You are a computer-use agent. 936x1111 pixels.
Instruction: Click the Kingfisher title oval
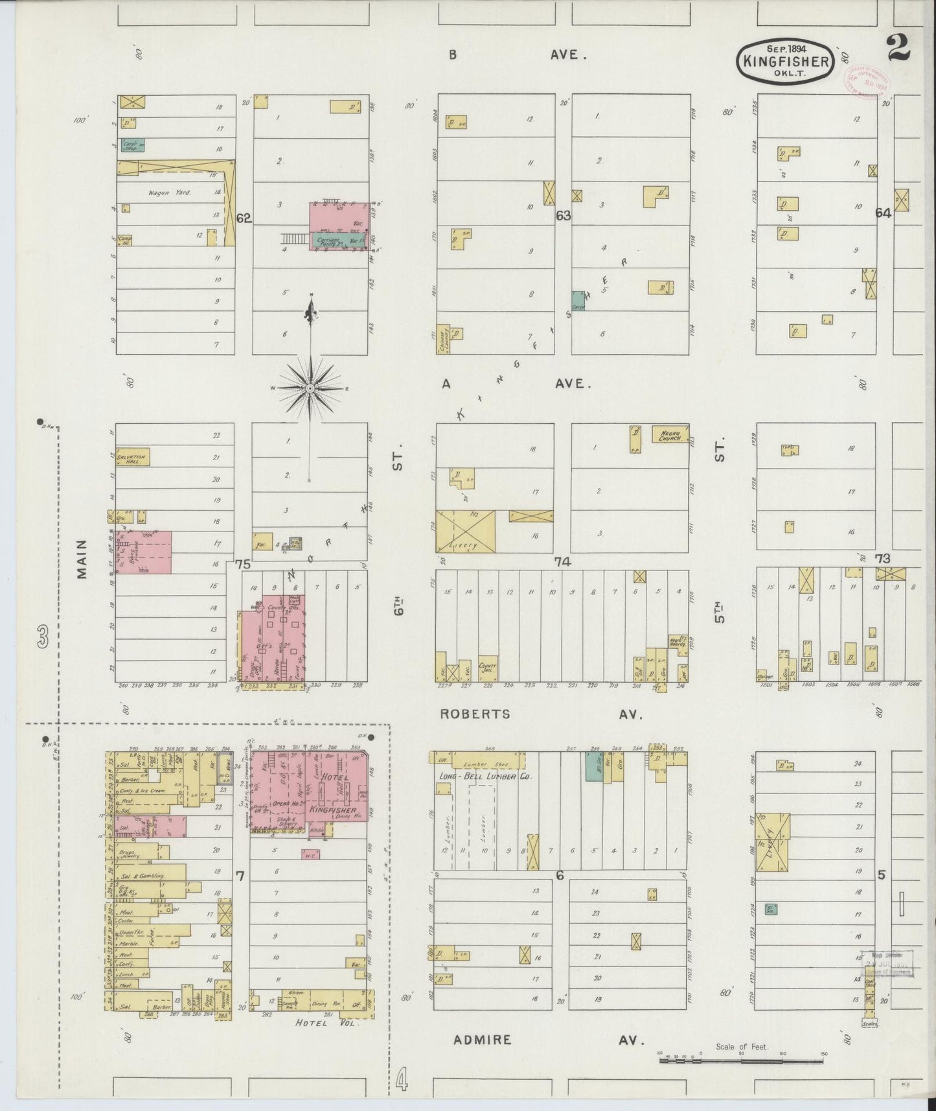click(x=784, y=62)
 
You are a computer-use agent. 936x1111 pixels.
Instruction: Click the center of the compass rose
click(x=310, y=388)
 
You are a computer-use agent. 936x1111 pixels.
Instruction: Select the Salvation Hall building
click(x=133, y=457)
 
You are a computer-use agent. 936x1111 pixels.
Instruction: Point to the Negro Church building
click(x=670, y=434)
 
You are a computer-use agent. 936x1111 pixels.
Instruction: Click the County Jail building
click(x=487, y=668)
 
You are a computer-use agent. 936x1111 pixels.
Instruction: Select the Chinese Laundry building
click(x=443, y=339)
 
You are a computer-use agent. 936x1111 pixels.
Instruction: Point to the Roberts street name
click(x=475, y=714)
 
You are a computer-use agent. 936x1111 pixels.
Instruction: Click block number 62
click(x=244, y=218)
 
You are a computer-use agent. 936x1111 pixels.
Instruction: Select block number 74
click(x=562, y=561)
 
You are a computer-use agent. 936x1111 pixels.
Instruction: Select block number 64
click(x=883, y=213)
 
